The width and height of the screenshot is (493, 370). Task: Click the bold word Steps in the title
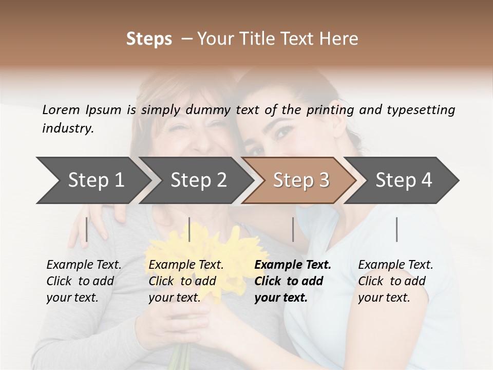[x=149, y=39]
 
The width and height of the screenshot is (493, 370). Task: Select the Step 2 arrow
[x=198, y=180]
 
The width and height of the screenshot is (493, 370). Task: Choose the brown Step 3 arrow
[x=301, y=180]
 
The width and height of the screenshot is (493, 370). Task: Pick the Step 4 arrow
[x=404, y=180]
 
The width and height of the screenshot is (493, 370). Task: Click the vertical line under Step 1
[x=87, y=229]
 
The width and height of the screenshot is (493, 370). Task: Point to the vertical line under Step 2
[x=189, y=229]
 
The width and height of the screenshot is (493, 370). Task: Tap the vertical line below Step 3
[x=293, y=229]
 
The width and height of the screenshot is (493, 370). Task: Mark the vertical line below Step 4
[x=396, y=229]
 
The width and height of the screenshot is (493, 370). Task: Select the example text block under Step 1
[x=84, y=281]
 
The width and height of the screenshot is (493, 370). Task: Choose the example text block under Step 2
[x=186, y=281]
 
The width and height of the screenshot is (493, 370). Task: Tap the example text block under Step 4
[x=395, y=281]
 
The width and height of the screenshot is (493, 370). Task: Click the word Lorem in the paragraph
[x=61, y=110]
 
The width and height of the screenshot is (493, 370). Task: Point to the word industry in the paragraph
[x=67, y=128]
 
